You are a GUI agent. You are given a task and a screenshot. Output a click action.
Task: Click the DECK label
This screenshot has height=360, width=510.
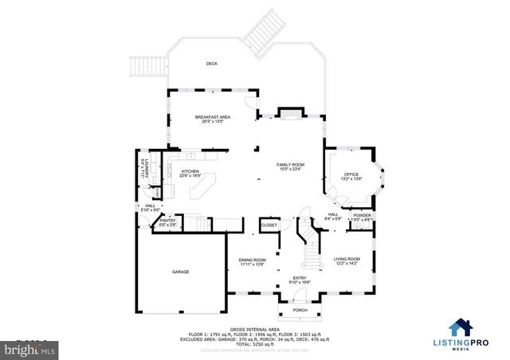[x=212, y=64]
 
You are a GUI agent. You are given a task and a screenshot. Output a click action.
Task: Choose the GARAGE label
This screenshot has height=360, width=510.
[x=180, y=272]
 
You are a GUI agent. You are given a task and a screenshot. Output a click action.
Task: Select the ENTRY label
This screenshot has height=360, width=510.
[x=300, y=276]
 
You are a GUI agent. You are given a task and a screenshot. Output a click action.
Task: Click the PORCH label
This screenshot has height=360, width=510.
[x=300, y=310]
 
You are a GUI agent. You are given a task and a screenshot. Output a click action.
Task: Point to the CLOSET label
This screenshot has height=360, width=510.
[x=269, y=226]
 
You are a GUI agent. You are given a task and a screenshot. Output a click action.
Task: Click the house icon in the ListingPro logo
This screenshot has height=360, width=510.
[x=458, y=327]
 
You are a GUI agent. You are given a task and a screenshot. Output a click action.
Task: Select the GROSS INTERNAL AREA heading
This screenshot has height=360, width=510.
[x=255, y=329]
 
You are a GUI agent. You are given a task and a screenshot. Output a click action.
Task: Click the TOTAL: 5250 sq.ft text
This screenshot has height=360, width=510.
[x=255, y=343]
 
